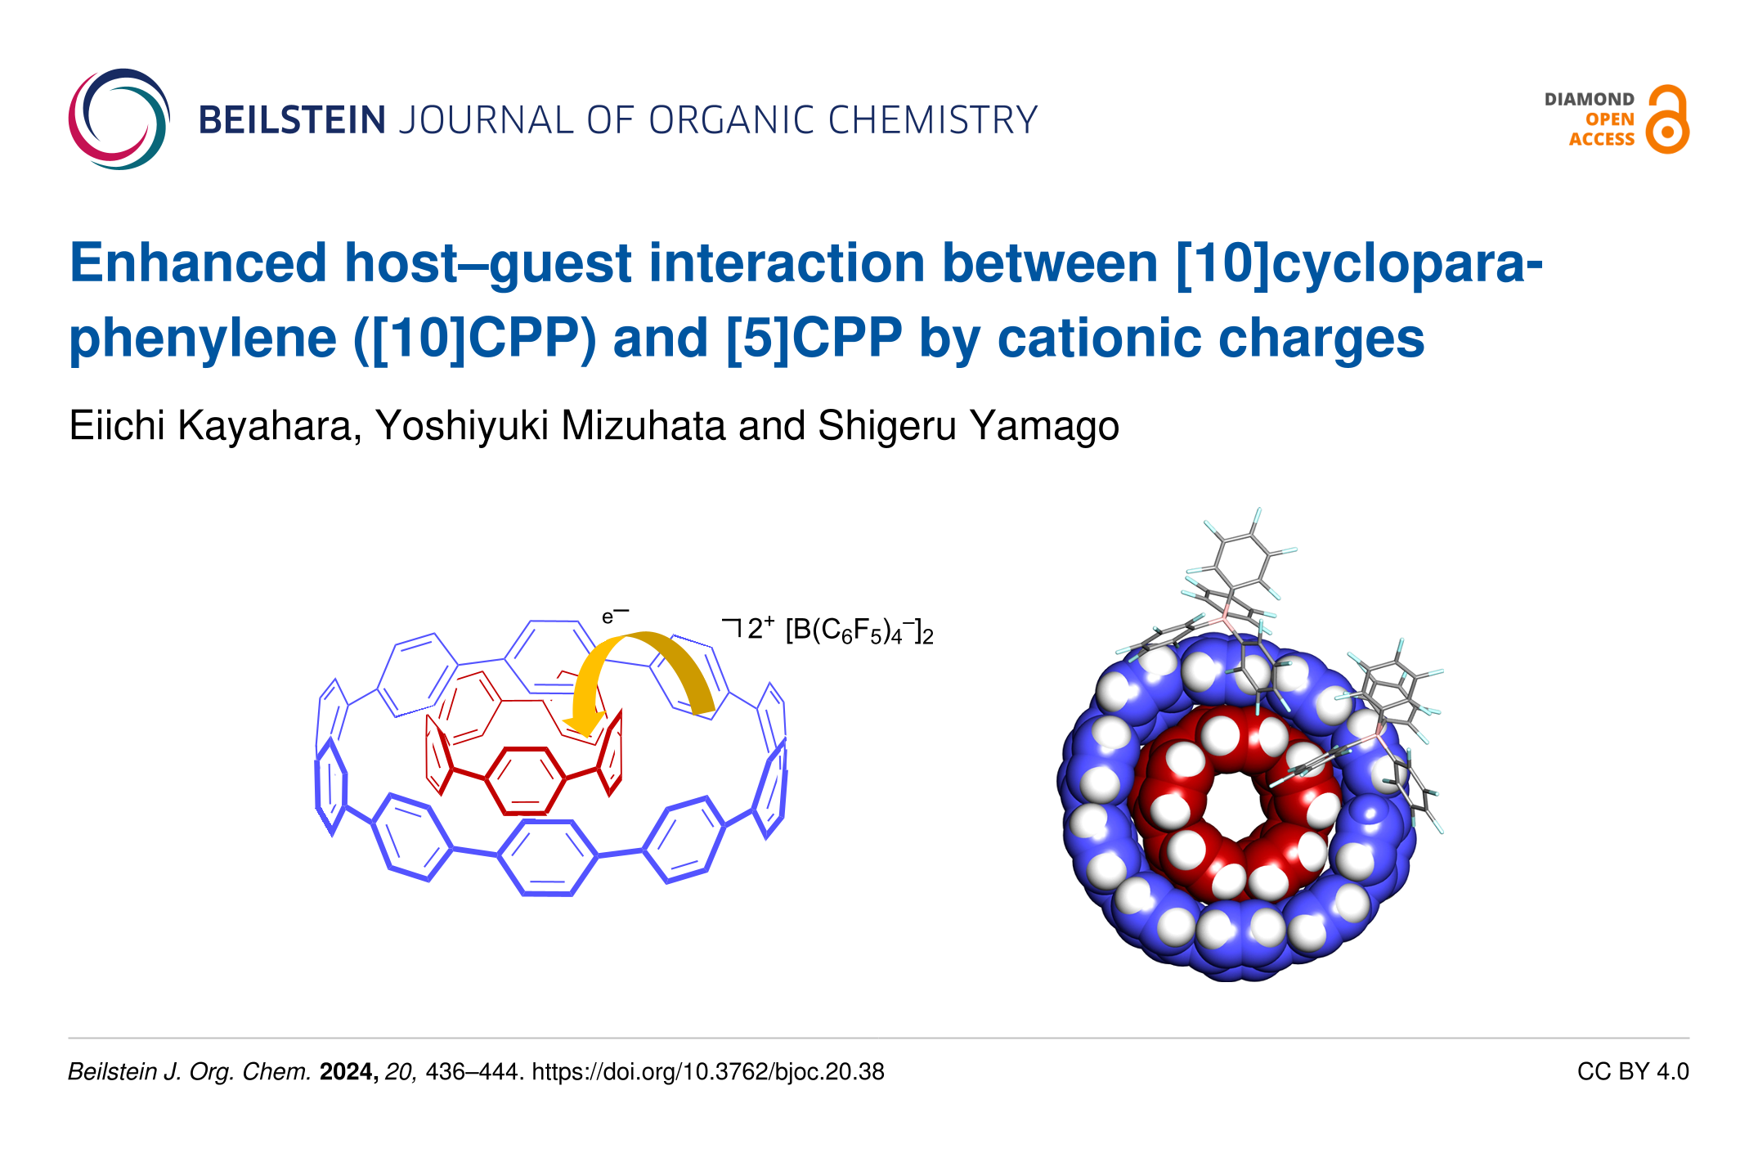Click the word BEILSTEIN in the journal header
(292, 120)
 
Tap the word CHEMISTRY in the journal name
(933, 120)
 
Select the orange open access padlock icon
(1667, 119)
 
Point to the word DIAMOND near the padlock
(1589, 99)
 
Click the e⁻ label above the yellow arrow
(615, 615)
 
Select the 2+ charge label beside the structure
(760, 627)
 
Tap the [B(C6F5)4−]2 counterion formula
(859, 630)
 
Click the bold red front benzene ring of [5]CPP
(525, 780)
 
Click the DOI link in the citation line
(708, 1072)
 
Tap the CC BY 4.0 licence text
(1633, 1072)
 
